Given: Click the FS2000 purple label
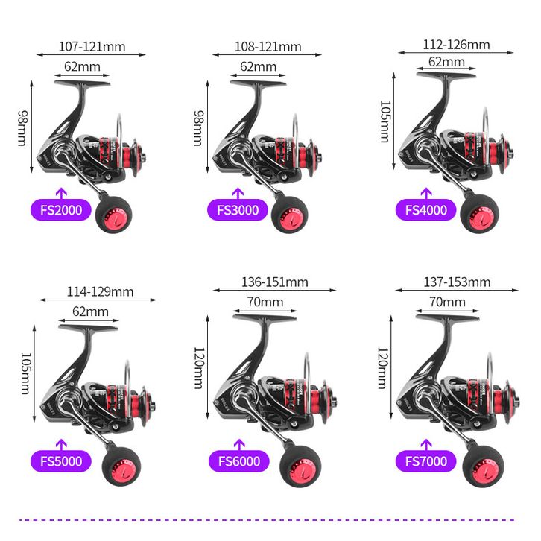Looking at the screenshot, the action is (x=61, y=210).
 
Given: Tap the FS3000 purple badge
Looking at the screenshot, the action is (x=238, y=210).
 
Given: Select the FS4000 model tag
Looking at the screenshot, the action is (x=426, y=210).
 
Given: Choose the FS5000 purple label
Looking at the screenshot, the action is (x=61, y=461).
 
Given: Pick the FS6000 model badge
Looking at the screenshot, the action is (x=239, y=461).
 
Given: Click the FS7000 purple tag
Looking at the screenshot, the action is (x=426, y=461).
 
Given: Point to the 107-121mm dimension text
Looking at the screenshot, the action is (x=92, y=47).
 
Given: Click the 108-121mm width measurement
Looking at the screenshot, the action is (x=268, y=47).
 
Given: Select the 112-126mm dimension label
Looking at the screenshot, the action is (x=456, y=45).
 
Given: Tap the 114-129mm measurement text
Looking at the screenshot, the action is (x=100, y=292).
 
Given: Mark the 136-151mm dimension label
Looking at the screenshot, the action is (x=275, y=282).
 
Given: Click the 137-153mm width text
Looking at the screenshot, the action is (x=457, y=282).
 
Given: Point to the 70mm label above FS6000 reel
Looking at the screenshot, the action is (x=265, y=302).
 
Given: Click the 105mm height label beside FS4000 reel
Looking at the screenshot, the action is (x=385, y=121).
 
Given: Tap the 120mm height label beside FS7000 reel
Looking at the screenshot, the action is (x=383, y=368).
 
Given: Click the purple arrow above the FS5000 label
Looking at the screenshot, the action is (x=61, y=445).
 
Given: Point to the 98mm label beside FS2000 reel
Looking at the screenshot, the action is (x=23, y=128).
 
